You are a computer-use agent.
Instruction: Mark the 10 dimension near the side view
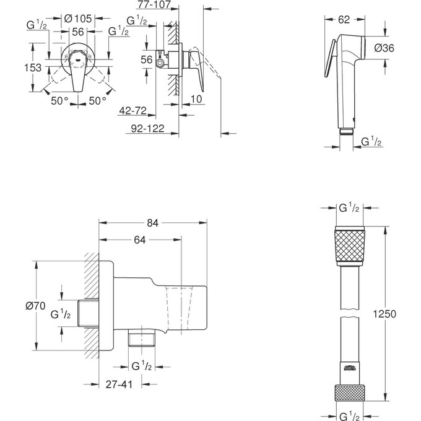tap(196, 100)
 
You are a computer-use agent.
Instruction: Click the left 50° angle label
tap(60, 101)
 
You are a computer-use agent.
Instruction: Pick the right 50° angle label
tap(98, 101)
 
